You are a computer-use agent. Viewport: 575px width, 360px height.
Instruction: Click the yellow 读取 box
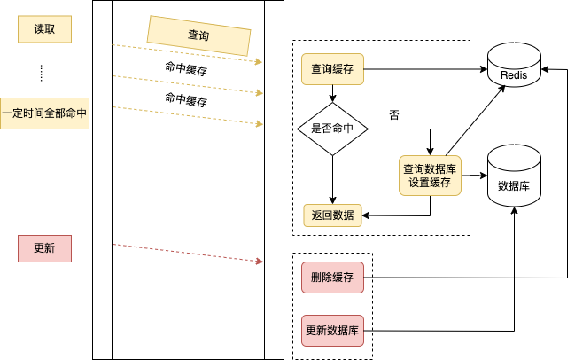44,29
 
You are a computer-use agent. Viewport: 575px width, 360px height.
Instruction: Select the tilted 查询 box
198,35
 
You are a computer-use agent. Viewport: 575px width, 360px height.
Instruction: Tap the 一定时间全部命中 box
44,114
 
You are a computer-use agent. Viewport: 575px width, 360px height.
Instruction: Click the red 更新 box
44,248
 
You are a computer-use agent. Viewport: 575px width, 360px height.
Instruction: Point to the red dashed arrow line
186,253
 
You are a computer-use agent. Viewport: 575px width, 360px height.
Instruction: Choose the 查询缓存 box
332,68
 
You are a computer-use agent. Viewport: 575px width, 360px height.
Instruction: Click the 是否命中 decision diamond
332,129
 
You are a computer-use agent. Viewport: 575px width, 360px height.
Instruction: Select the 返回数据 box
332,215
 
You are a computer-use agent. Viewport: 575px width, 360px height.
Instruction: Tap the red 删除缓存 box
332,278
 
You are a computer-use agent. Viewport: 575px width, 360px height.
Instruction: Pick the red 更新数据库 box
332,331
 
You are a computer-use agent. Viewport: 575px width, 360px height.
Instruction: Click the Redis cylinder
514,66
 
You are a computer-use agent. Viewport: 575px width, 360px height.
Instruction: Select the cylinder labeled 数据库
514,176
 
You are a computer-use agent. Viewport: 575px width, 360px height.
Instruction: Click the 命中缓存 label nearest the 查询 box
186,68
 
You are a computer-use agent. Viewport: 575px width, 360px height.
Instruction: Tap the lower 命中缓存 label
186,99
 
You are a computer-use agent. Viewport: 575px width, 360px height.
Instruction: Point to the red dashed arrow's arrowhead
260,262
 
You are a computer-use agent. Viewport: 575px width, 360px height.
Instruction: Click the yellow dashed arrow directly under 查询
186,53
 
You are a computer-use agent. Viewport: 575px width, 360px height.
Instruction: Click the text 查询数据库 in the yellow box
430,168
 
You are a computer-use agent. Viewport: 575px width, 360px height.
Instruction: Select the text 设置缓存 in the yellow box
430,183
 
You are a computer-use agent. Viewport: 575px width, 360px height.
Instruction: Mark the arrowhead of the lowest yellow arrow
260,124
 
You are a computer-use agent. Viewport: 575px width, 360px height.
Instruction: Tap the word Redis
514,75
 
